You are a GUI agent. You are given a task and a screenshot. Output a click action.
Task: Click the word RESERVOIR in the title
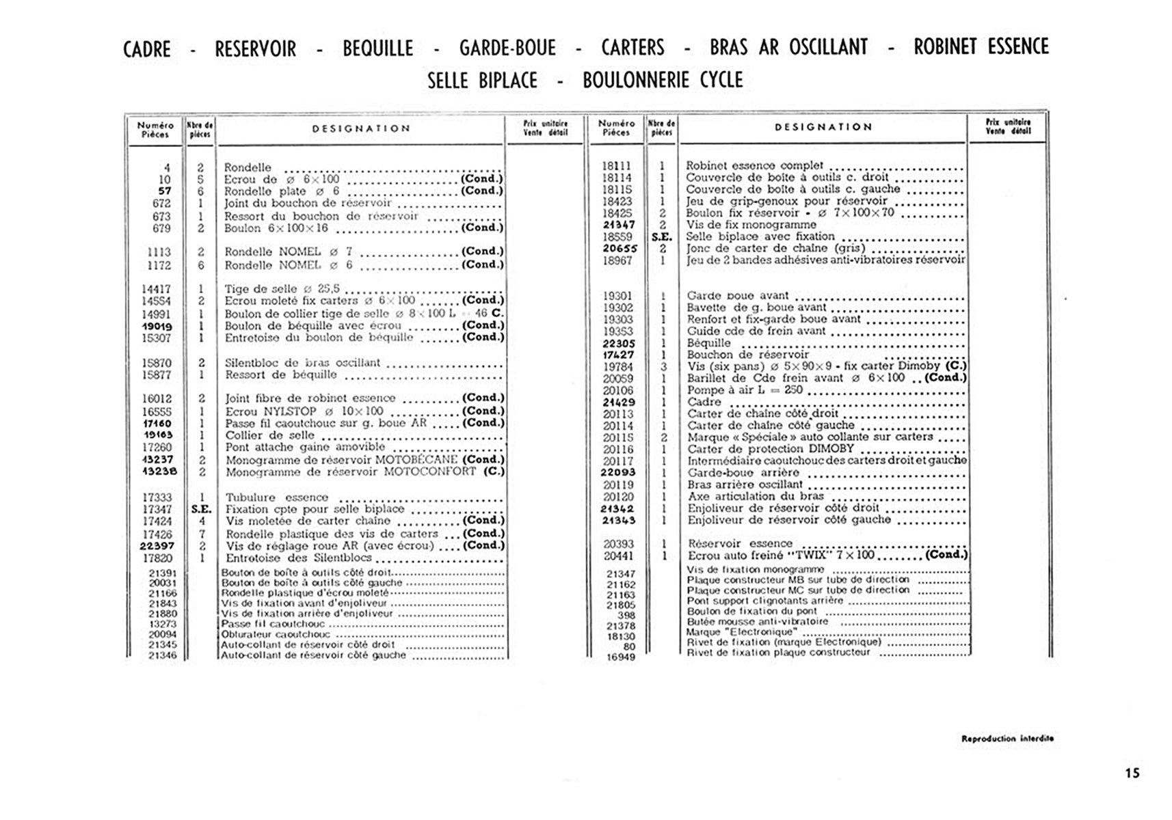pos(255,49)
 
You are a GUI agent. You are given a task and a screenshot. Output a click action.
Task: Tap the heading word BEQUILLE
pos(377,49)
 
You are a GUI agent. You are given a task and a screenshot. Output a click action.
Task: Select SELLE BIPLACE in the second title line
pos(482,81)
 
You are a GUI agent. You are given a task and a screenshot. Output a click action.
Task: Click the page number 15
pos(1132,773)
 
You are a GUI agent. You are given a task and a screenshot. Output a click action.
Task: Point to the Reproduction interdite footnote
pos(1007,739)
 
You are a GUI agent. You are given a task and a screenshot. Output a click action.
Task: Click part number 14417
pos(157,289)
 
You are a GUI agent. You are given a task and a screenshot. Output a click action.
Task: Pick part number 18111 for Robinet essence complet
pos(617,166)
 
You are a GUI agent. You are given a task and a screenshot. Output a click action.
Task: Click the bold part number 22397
pos(157,546)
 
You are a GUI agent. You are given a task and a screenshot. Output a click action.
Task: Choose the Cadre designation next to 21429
pos(704,402)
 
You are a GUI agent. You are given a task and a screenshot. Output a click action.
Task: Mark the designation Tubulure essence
pos(277,497)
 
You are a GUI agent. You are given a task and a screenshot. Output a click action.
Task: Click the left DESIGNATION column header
pos(361,128)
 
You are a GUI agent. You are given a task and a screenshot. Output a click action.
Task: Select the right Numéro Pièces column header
pos(616,128)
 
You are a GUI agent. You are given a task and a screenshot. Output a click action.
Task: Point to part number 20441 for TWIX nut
pos(618,556)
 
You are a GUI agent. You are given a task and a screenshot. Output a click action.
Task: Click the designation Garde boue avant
pos(738,296)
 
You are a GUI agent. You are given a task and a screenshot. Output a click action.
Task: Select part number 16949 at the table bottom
pos(621,657)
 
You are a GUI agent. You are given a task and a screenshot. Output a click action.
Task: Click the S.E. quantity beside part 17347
pos(201,509)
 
